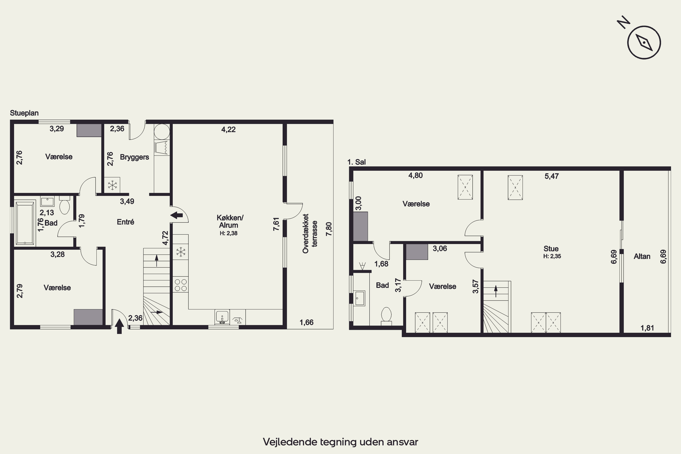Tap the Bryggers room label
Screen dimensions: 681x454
[x=134, y=157]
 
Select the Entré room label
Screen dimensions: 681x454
[x=125, y=222]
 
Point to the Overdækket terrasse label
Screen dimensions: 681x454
[x=310, y=234]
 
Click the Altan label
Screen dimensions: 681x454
[x=642, y=256]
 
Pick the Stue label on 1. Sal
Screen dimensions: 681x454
[x=551, y=249]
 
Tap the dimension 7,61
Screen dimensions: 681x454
[x=276, y=224]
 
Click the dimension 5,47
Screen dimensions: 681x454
[x=552, y=176]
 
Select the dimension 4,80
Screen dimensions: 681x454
[x=415, y=175]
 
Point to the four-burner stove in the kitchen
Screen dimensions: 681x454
[x=181, y=285]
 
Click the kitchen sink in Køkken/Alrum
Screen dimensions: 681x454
[x=222, y=317]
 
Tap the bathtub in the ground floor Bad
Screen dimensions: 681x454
[x=25, y=224]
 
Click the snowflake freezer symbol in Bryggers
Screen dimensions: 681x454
[x=112, y=185]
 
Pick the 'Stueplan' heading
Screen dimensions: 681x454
[x=24, y=113]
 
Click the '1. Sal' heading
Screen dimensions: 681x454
[x=356, y=162]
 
